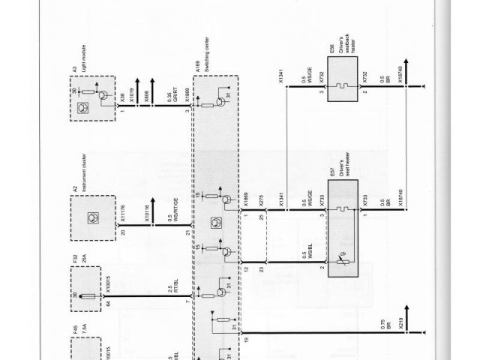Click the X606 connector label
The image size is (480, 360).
coord(148,96)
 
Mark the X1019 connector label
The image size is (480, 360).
coord(131,96)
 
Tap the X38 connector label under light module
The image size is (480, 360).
coord(121,96)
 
